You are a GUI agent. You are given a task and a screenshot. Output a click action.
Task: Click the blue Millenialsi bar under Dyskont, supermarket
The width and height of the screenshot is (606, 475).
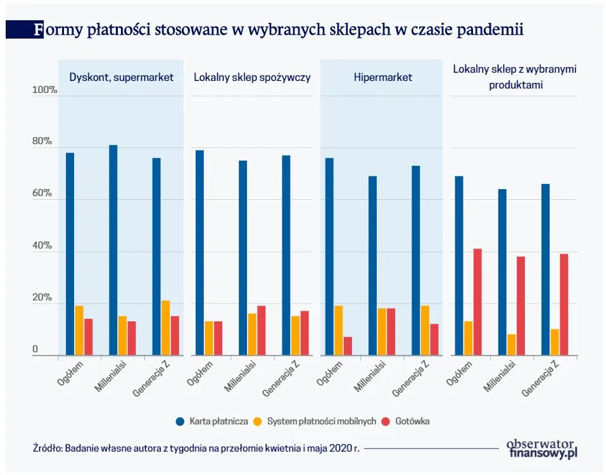tap(113, 250)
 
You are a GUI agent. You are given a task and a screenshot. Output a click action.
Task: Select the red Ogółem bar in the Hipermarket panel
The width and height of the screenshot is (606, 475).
tap(348, 345)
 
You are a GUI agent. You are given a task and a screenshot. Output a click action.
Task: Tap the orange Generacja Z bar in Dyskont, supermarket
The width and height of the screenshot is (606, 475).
tap(166, 328)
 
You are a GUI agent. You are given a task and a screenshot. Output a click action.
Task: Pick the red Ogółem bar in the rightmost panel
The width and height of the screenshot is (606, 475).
tap(477, 302)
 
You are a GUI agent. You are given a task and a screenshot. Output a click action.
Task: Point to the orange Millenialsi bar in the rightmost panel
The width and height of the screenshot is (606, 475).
tap(511, 344)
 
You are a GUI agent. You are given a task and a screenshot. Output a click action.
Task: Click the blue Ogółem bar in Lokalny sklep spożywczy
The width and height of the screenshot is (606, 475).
tap(200, 252)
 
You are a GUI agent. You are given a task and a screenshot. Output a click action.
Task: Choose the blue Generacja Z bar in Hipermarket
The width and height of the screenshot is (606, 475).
tap(415, 260)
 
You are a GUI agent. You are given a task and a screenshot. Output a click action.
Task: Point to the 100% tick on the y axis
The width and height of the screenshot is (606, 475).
tap(45, 91)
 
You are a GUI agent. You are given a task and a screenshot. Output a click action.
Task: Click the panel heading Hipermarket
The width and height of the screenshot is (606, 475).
tap(382, 77)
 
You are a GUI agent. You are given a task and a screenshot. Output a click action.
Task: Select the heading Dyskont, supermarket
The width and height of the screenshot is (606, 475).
tap(121, 77)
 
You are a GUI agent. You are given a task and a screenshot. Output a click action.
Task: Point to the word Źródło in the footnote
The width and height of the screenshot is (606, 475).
tap(44, 448)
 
